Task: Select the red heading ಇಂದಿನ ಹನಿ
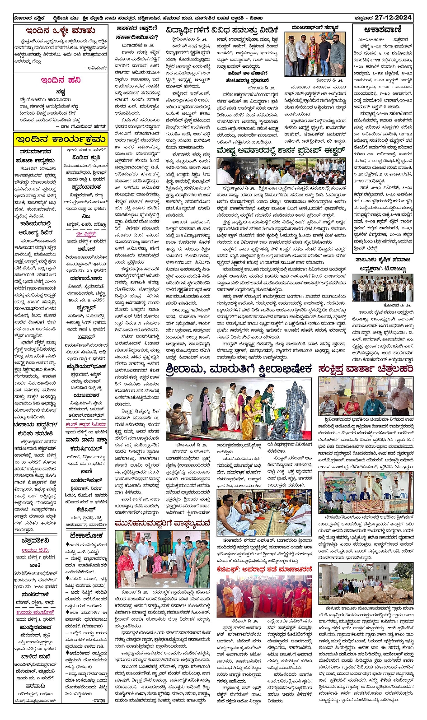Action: [x=61, y=80]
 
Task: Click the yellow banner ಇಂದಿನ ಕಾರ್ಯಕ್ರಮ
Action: [x=60, y=139]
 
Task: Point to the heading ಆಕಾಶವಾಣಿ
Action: [x=382, y=30]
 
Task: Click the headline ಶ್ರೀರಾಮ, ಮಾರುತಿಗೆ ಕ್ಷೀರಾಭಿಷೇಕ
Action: [x=239, y=369]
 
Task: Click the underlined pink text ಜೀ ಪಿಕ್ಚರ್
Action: [x=86, y=234]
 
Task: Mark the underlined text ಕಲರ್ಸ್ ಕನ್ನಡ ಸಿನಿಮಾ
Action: [x=86, y=425]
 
